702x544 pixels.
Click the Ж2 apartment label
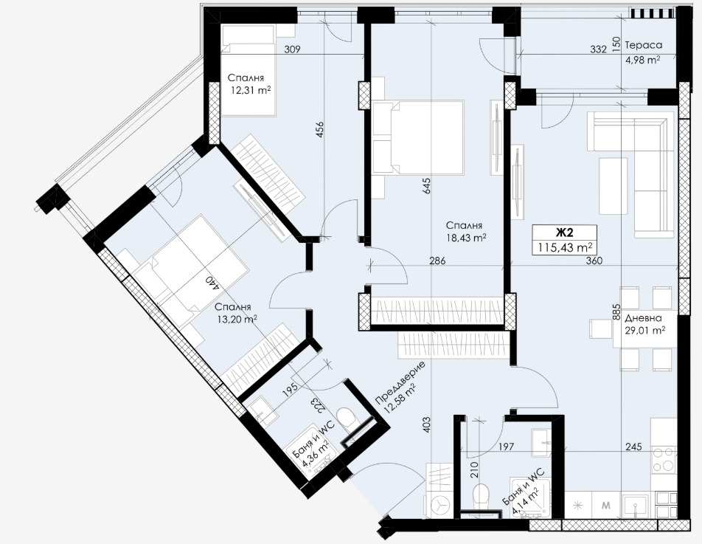click(x=564, y=233)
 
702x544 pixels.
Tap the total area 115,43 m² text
click(x=564, y=247)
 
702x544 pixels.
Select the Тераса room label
click(x=643, y=45)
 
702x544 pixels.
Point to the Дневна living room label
click(x=643, y=318)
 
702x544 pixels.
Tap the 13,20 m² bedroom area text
click(x=236, y=320)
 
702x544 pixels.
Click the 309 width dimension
click(x=292, y=49)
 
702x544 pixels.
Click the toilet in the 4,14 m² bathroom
click(x=482, y=495)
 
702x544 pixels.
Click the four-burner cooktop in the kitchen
click(x=664, y=459)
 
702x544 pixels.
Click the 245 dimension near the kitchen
click(x=633, y=447)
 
